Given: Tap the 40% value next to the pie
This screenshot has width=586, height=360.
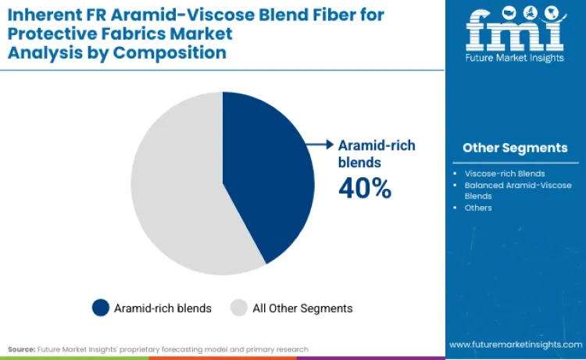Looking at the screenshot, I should pos(364,188).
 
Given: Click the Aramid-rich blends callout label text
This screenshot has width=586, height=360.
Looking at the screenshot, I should pos(376,154).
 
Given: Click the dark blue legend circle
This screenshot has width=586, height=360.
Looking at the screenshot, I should pos(101,308).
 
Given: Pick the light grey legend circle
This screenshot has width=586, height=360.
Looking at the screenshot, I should pos(238,308).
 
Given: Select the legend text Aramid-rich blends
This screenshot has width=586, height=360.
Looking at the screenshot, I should pos(163,308).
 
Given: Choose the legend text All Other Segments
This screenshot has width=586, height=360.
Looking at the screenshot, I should pos(302,308).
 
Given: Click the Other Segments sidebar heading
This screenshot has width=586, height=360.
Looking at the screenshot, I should pos(515,148).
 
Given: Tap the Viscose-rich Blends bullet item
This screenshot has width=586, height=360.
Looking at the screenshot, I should pos(505,173).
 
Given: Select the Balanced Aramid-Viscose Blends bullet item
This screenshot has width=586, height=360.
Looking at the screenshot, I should pos(518,191).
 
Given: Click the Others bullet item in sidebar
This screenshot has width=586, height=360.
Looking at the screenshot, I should pos(478,208).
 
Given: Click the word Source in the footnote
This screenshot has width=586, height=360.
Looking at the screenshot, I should pos(22,348).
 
